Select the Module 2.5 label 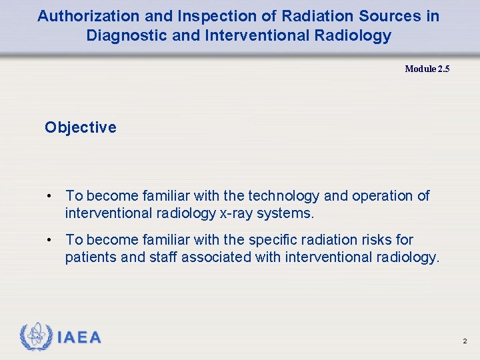[x=427, y=69]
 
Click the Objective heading [x=80, y=127]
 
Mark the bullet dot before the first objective [x=49, y=196]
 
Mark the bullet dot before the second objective [x=49, y=240]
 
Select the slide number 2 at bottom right [x=465, y=341]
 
